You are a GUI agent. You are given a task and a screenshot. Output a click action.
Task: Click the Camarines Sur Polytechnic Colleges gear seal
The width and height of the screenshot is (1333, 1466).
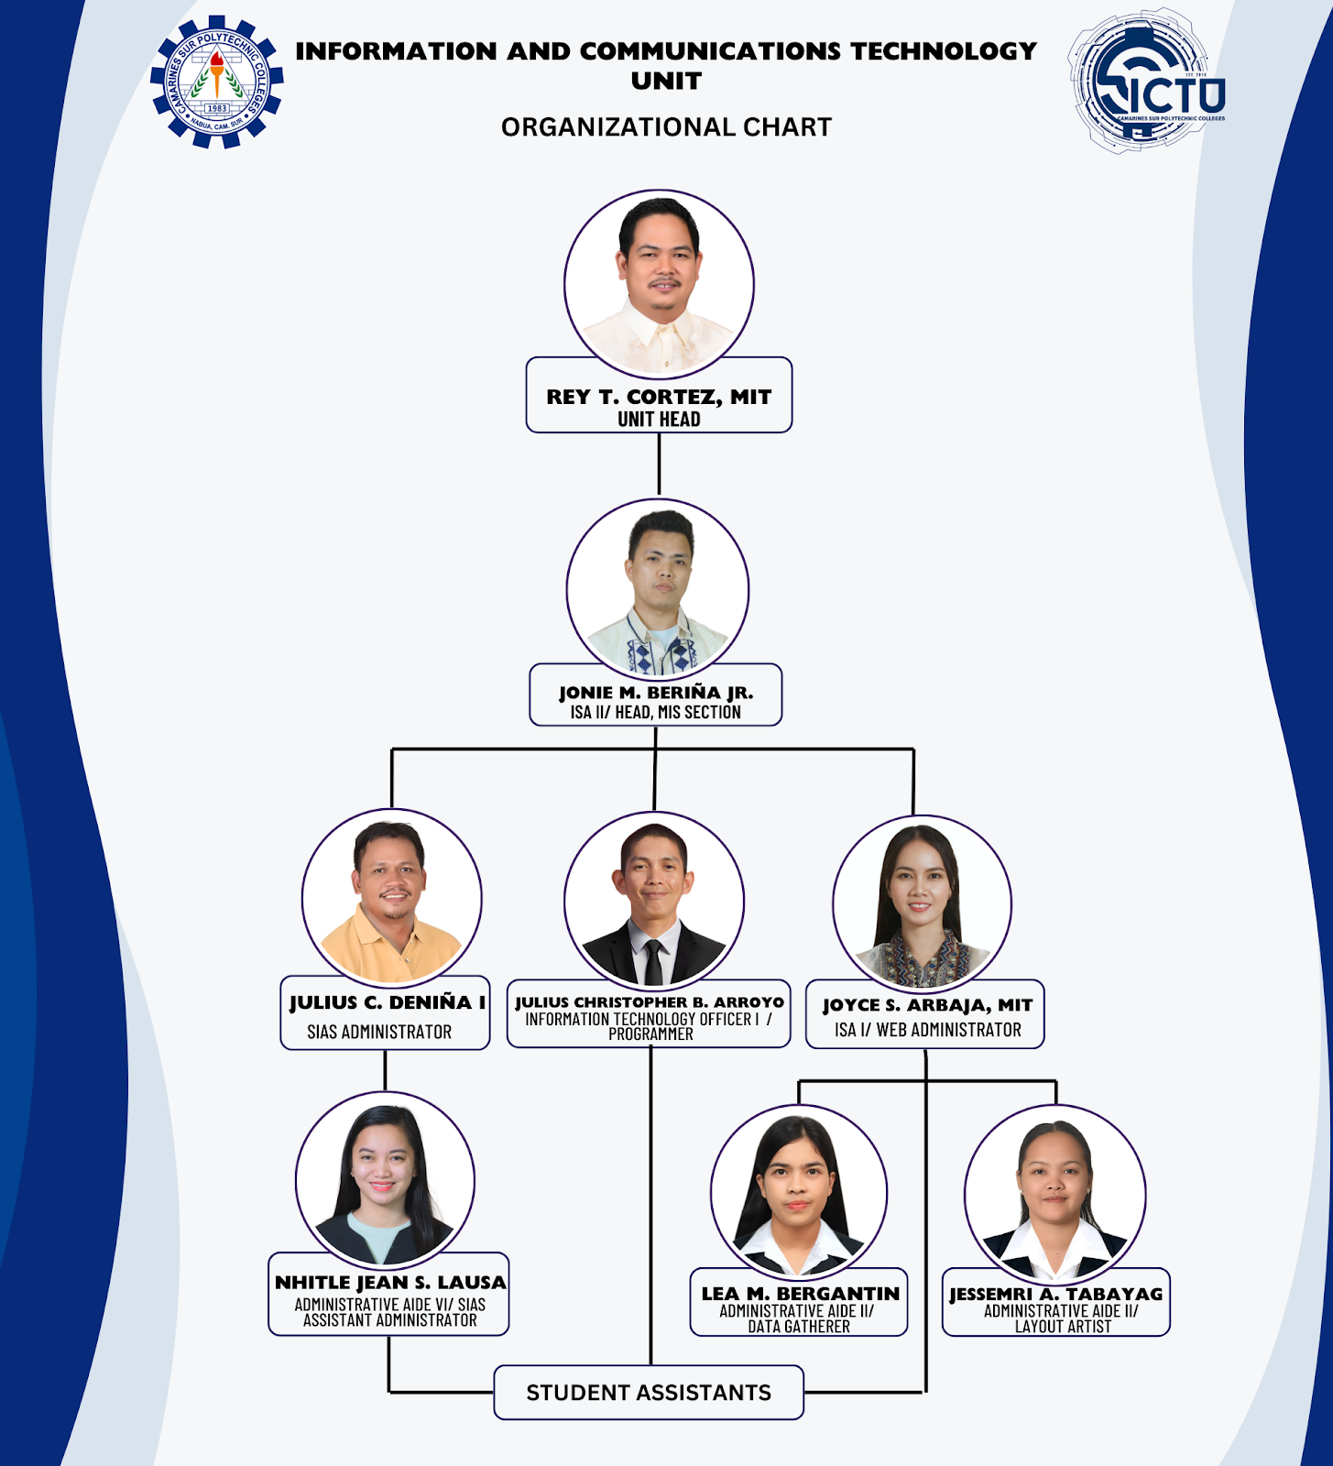(x=217, y=82)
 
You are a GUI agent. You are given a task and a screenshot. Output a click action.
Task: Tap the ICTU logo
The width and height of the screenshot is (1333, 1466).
(x=1148, y=82)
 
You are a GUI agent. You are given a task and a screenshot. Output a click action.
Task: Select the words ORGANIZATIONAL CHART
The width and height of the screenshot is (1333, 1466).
(x=666, y=127)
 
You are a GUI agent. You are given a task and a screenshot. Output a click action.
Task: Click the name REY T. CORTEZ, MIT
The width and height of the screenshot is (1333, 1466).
(x=659, y=397)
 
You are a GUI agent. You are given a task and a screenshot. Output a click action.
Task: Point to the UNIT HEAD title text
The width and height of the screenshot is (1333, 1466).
(x=659, y=420)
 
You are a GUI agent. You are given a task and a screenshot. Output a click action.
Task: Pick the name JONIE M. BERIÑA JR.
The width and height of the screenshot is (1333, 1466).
(x=656, y=693)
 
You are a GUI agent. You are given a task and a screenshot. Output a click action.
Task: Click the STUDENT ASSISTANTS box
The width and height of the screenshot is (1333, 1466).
(x=649, y=1393)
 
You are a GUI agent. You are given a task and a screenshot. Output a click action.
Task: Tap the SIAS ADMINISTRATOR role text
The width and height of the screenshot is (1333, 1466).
(x=379, y=1032)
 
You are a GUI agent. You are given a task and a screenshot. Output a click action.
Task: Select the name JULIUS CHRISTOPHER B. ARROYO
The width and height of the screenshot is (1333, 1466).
(x=650, y=1002)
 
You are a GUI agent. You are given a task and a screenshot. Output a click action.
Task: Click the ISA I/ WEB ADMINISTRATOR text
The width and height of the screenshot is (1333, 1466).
(x=927, y=1030)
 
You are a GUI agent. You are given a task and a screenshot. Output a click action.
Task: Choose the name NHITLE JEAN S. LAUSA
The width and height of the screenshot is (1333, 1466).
(x=390, y=1283)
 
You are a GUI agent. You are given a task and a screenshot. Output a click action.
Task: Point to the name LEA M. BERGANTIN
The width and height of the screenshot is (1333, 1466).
(x=800, y=1294)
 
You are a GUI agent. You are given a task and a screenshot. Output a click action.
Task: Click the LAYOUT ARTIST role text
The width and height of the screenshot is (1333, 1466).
(x=1063, y=1327)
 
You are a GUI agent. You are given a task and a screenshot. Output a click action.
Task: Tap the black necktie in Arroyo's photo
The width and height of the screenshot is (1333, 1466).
(x=653, y=962)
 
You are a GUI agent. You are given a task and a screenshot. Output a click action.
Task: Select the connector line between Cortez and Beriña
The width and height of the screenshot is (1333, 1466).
(x=659, y=465)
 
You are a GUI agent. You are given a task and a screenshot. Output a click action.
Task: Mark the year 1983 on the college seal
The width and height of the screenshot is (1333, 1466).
(x=217, y=108)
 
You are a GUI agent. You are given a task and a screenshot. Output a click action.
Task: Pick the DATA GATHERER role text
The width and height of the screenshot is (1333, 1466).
(x=799, y=1327)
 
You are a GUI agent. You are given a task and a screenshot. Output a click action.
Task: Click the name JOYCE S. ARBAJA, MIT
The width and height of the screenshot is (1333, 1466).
(x=927, y=1005)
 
